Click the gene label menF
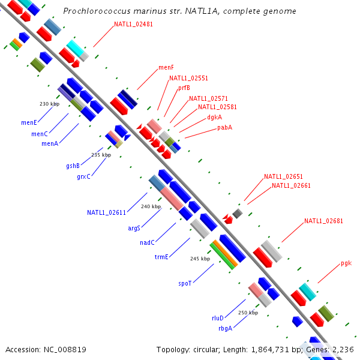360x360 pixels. (x=166, y=68)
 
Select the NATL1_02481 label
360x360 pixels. (x=133, y=25)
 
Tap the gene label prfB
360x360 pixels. (x=184, y=88)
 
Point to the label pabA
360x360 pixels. (x=224, y=127)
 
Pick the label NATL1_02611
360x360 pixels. (x=106, y=212)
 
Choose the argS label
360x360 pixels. (x=134, y=228)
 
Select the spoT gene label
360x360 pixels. (x=185, y=283)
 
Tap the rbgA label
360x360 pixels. (x=225, y=328)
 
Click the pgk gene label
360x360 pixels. (x=346, y=263)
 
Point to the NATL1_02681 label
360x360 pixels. (x=323, y=221)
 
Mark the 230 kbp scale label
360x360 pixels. (x=50, y=104)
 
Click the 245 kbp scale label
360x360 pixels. (x=200, y=259)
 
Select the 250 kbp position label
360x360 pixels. (x=248, y=313)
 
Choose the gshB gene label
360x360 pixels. (x=73, y=166)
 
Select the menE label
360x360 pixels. (x=29, y=122)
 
